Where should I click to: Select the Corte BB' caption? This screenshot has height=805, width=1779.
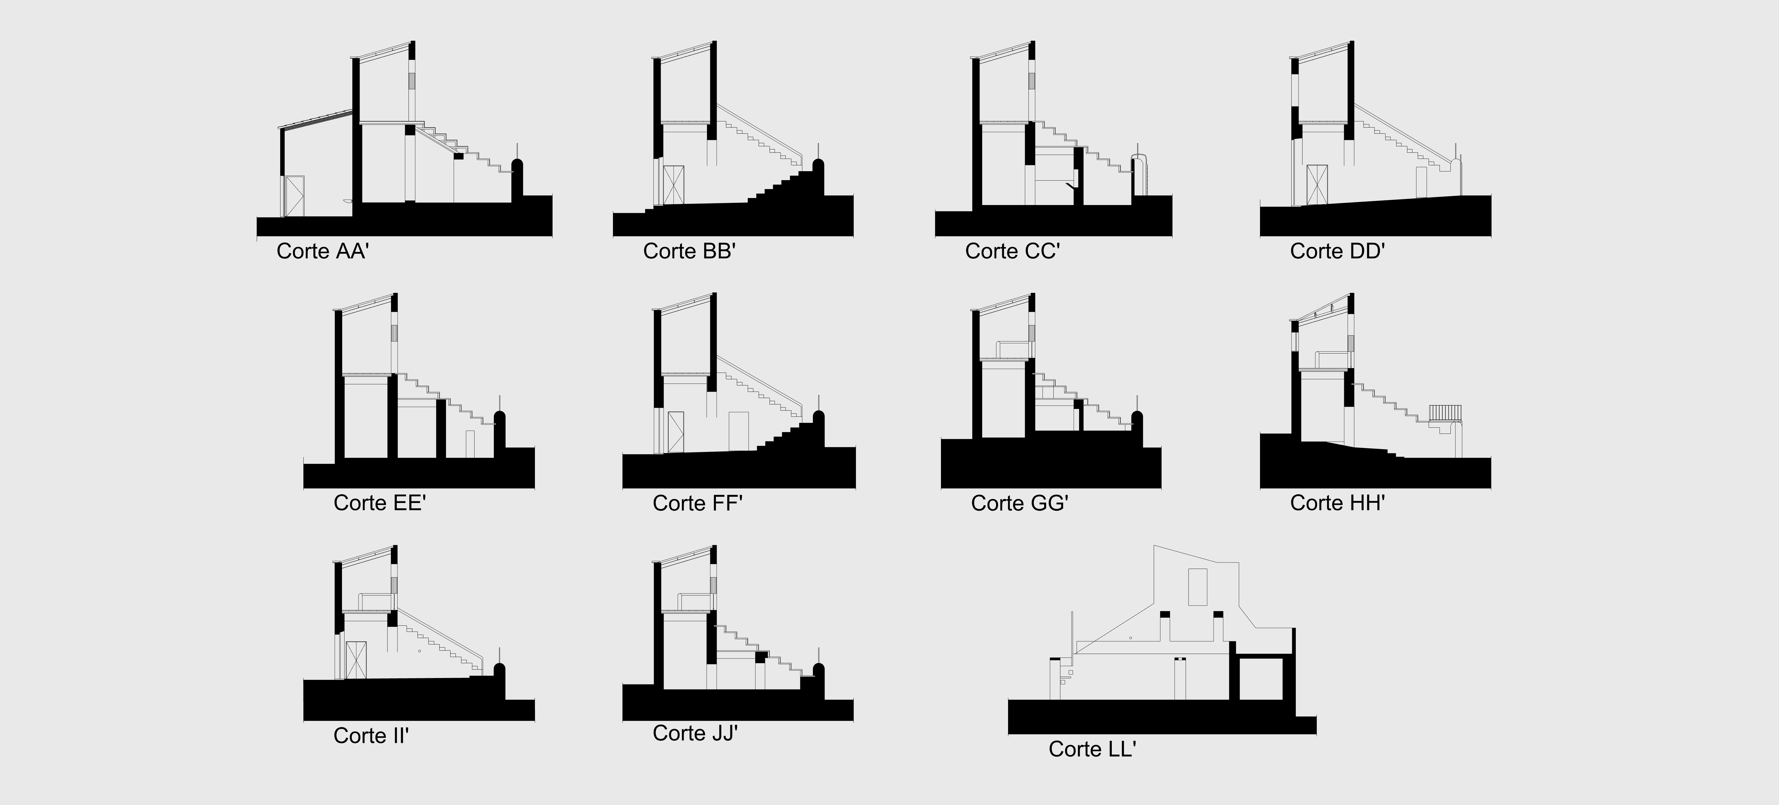point(689,251)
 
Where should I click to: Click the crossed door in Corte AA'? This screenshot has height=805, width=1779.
point(295,196)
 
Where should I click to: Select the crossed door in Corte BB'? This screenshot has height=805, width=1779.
point(673,185)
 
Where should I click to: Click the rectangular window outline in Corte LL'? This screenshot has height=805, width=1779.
point(1197,587)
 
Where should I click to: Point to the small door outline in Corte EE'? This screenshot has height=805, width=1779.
point(470,444)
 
